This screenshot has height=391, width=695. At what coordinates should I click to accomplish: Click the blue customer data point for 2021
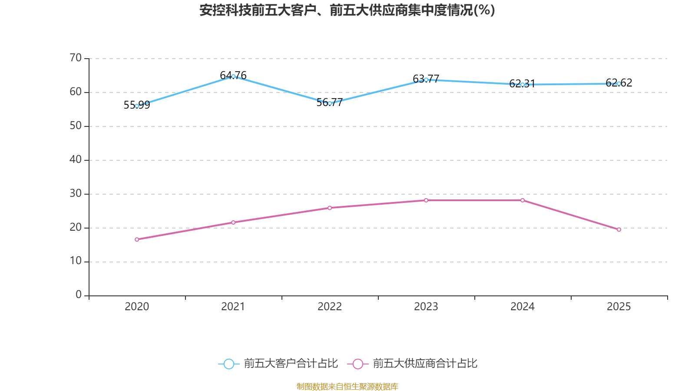click(x=233, y=76)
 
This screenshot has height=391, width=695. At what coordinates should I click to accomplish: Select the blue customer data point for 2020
click(x=137, y=106)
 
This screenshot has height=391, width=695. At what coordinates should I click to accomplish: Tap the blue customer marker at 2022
click(x=330, y=103)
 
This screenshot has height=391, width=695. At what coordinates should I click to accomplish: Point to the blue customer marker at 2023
click(x=426, y=80)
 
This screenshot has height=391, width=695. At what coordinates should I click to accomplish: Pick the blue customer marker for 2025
click(x=619, y=83)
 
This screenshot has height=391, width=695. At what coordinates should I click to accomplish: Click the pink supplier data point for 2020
click(x=137, y=239)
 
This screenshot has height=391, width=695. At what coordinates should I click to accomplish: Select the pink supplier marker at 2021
click(x=233, y=222)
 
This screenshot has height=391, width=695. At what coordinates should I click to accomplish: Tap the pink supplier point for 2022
click(x=330, y=208)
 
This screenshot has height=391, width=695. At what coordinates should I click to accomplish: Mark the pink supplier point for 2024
click(x=523, y=200)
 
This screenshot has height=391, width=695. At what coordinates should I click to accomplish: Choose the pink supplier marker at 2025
click(x=619, y=229)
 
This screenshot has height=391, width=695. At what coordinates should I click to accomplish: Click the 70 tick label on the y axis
click(x=76, y=58)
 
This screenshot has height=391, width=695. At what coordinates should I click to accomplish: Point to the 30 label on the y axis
click(x=76, y=193)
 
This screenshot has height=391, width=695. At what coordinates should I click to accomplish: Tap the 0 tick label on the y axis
click(x=79, y=295)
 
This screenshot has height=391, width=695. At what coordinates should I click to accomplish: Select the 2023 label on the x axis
click(x=426, y=307)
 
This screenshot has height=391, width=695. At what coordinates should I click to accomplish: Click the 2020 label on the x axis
click(x=137, y=307)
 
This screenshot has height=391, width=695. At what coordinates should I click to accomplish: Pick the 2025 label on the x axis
click(x=619, y=307)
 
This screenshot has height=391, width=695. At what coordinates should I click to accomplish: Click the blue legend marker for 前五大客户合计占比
click(x=228, y=364)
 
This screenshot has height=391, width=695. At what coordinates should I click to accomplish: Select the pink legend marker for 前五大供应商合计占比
click(x=357, y=364)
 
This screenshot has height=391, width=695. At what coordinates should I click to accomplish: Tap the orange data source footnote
click(x=347, y=386)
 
